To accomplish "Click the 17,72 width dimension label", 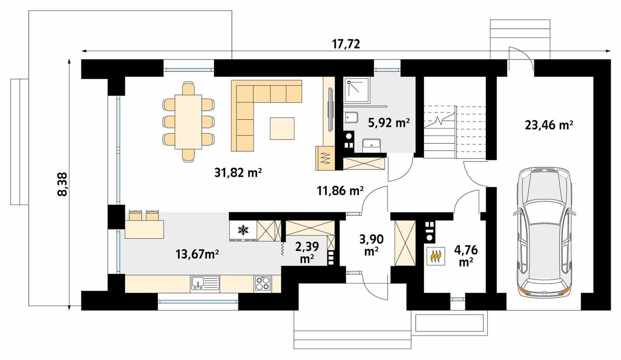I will coord(346,44).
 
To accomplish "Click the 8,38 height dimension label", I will coord(62,184).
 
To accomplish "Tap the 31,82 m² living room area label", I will coord(238,172).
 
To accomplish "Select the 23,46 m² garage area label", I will coord(549,125).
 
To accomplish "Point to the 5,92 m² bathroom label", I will coord(389,123).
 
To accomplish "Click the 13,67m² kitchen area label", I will coord(197,254).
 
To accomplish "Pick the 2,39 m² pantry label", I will coord(307,252).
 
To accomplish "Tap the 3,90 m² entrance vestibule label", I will coord(371,245).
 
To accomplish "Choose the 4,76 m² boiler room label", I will coord(466,255).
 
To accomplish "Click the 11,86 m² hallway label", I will coord(340,191).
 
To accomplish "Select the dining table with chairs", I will coord(188,122).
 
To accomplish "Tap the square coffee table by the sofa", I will coord(282,128).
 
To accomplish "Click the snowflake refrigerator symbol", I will coord(243,230).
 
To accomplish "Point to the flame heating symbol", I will coord(435,256).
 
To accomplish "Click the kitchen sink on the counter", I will coord(205,283).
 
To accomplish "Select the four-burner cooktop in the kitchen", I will coord(263,284).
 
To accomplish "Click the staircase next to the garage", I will coord(454,132).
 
